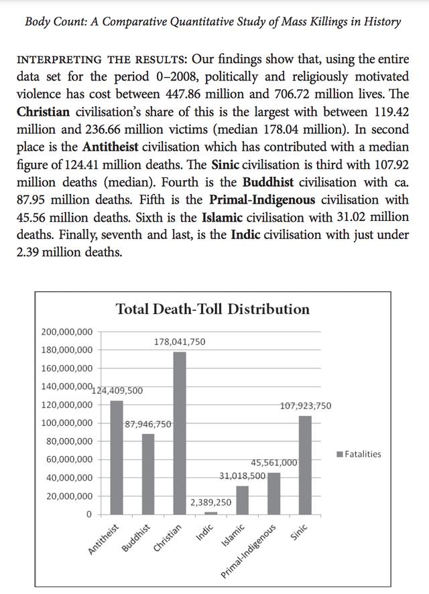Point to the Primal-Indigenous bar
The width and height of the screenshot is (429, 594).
[273, 494]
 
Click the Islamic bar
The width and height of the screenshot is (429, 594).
[242, 500]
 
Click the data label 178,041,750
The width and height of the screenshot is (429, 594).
[180, 342]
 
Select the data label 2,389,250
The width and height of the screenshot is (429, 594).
[210, 502]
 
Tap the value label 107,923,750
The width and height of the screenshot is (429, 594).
[305, 406]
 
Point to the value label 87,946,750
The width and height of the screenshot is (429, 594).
[148, 424]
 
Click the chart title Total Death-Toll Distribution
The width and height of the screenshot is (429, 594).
[212, 309]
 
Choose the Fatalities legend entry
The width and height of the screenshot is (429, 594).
[359, 454]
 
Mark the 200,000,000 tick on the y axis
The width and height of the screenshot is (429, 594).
[67, 331]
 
